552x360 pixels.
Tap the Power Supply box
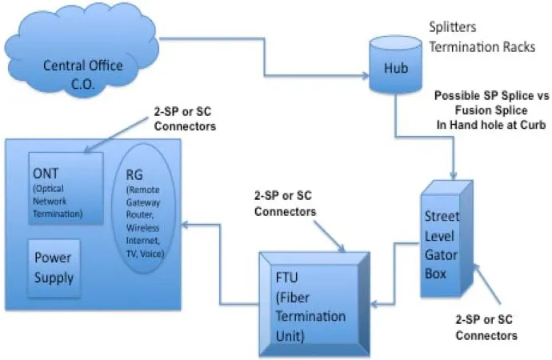point(54,268)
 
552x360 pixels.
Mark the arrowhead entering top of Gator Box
point(453,179)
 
